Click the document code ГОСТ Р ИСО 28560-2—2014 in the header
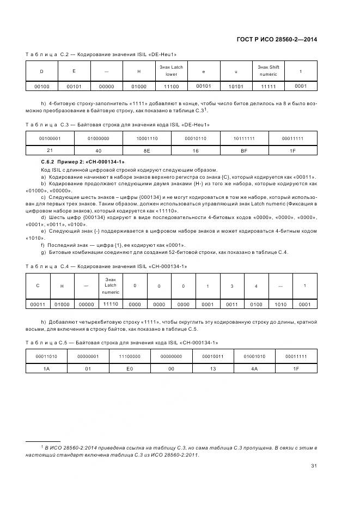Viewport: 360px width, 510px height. (278, 39)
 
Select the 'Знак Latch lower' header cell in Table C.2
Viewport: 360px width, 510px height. (171, 71)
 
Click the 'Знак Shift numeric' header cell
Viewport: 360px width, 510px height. (268, 71)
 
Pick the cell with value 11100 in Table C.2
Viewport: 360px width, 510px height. (171, 86)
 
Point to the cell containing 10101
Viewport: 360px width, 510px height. (236, 86)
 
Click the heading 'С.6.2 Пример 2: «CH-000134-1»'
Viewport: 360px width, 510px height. (83, 162)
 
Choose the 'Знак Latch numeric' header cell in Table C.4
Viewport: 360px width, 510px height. (111, 286)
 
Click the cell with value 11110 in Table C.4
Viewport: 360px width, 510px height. (111, 304)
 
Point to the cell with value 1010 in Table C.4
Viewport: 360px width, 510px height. (280, 304)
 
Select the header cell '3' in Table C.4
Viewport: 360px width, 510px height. (231, 286)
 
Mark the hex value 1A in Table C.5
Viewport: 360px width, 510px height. (47, 368)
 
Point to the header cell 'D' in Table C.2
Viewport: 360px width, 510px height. (42, 71)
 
